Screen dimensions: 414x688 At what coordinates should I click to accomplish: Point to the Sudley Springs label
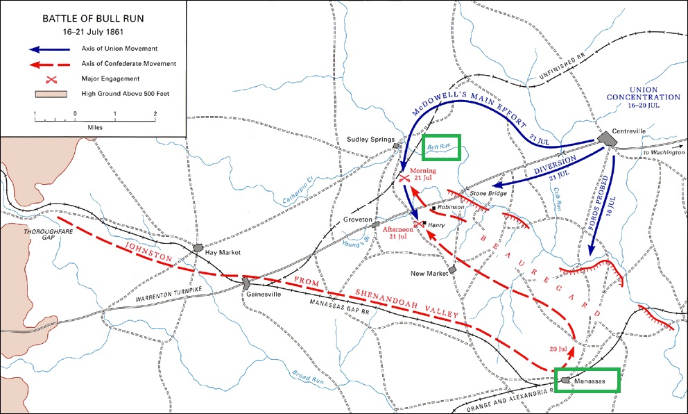pos(370,139)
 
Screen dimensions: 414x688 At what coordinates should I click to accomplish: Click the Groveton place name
pos(358,220)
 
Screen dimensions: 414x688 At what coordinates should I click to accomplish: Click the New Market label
pos(427,273)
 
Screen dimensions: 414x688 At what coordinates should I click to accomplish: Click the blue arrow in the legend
pos(50,49)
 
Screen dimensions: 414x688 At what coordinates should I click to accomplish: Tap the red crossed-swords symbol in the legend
pos(50,78)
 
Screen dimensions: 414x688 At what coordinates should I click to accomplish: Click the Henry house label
pos(436,225)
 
